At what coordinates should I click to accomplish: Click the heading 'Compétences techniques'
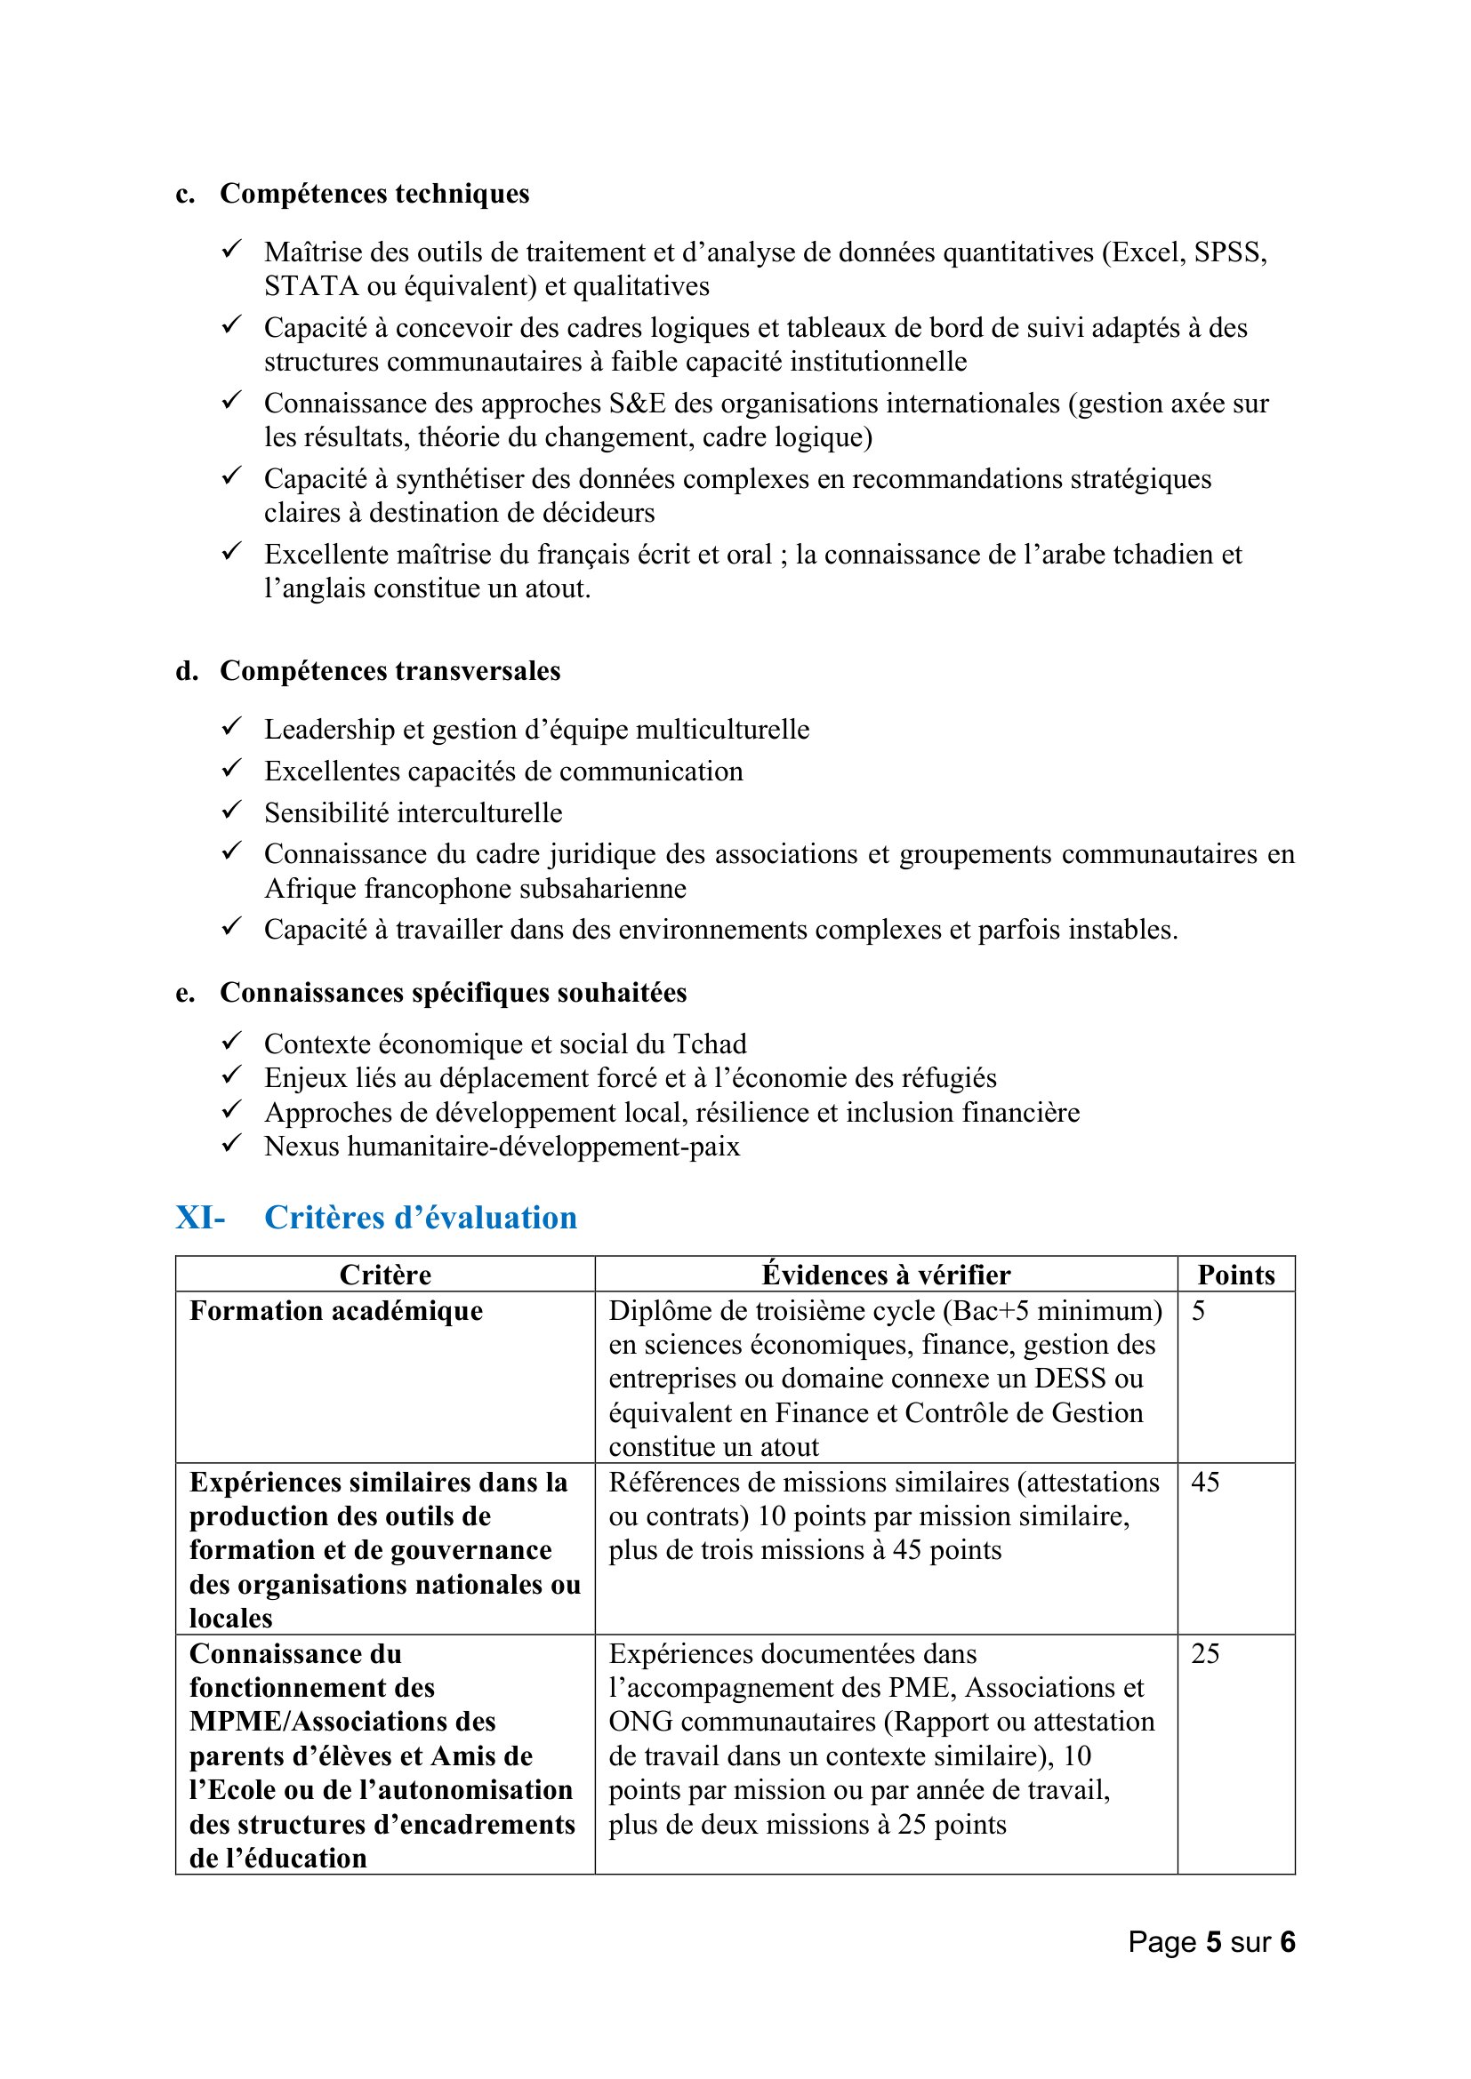point(374,194)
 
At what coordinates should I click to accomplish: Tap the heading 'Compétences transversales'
point(390,671)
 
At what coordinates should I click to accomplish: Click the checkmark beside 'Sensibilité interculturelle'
point(232,810)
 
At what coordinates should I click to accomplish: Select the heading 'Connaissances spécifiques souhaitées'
point(453,994)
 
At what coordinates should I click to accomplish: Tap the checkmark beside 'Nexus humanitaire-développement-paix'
point(232,1144)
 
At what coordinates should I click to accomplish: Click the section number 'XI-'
point(200,1218)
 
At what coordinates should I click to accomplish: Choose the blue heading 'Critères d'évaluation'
point(421,1218)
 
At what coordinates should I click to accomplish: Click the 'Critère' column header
point(385,1275)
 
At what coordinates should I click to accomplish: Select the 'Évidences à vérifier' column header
point(885,1275)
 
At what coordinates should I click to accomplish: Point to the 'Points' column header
point(1235,1275)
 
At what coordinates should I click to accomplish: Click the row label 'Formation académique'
point(336,1311)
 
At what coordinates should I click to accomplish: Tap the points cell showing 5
point(1198,1311)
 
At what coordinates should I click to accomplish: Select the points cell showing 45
point(1205,1483)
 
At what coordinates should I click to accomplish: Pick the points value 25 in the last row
point(1205,1653)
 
